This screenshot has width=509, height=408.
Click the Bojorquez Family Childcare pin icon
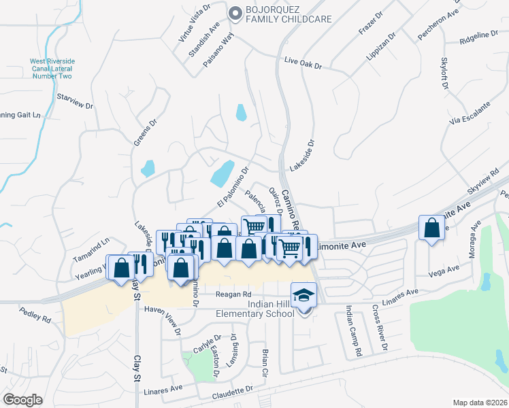pyautogui.click(x=236, y=13)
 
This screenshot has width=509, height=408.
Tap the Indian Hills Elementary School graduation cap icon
pyautogui.click(x=303, y=294)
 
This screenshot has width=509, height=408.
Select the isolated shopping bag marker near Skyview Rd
pyautogui.click(x=431, y=228)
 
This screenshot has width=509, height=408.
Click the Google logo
pyautogui.click(x=23, y=399)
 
